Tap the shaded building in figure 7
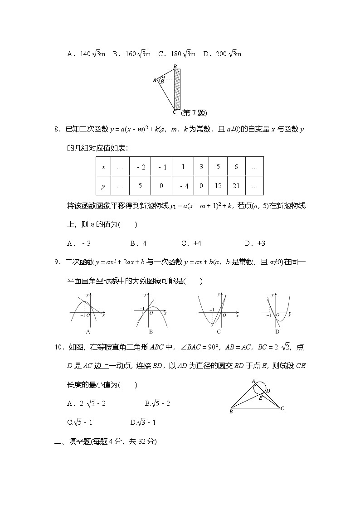177,89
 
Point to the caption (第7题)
194,113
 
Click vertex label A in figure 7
155,80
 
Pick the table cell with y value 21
236,186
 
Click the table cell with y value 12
218,186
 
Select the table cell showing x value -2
141,167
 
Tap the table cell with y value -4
183,186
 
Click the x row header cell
103,167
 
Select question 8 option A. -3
79,243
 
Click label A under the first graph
88,332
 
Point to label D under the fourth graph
277,332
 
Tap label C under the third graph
219,332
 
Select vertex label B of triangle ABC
231,412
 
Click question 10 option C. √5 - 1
80,422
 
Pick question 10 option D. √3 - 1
143,422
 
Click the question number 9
57,262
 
